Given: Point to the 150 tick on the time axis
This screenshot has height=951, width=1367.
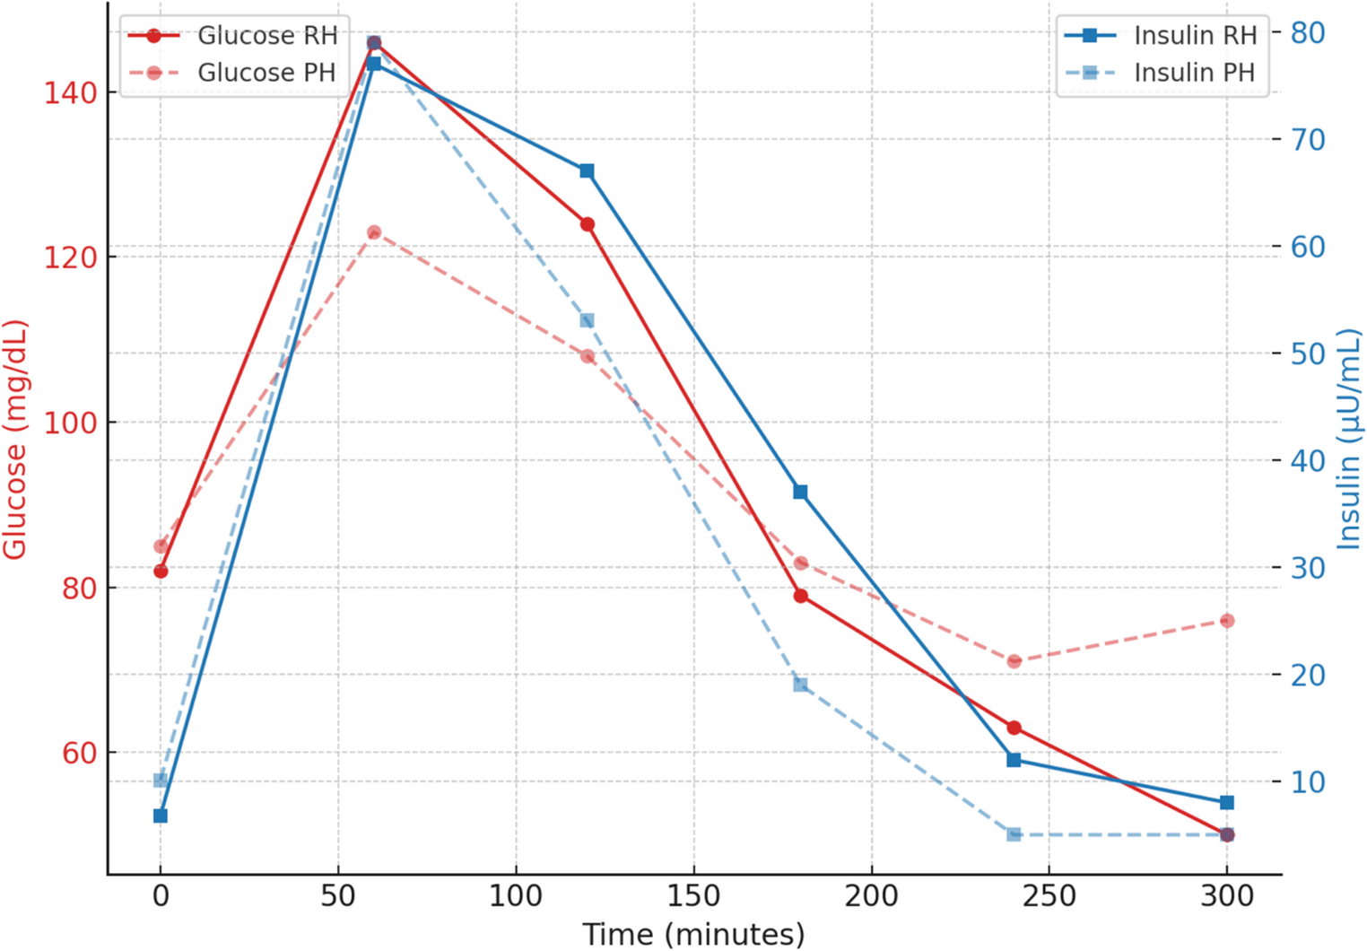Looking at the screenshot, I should coord(693,895).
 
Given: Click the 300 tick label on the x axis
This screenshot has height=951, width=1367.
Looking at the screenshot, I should coord(1226,895).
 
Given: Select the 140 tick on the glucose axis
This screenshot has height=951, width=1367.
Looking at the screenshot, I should coord(71,92).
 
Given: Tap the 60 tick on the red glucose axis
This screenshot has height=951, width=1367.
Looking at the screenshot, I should coord(79,753).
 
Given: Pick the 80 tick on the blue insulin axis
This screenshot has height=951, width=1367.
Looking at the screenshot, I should coord(1308,33).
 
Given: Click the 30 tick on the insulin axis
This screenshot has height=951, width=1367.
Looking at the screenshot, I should coord(1308,568).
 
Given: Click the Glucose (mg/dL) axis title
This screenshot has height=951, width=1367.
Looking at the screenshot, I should coord(15,440).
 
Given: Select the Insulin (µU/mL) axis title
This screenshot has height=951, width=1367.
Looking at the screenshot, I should coord(1348,440).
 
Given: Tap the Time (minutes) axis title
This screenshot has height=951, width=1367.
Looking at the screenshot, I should coord(693,934).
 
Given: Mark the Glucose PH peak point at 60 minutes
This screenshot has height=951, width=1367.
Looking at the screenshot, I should coord(374,233).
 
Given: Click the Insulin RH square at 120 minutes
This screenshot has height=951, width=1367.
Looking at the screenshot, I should coord(587,171).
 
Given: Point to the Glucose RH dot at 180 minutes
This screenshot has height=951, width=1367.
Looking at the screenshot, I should coord(800,596).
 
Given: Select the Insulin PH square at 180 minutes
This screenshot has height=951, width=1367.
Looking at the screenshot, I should coord(800,685).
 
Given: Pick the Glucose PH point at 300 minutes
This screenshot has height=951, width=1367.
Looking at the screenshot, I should coord(1227,621).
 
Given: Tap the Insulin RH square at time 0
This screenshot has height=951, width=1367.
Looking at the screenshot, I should coord(161,816).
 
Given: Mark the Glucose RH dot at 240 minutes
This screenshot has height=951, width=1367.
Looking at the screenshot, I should coord(1014,728).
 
